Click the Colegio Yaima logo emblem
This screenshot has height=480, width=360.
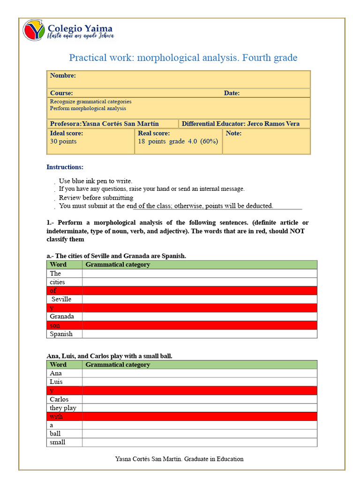coord(34,30)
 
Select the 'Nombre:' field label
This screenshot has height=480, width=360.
coord(63,75)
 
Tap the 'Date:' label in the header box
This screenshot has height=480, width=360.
coord(232,93)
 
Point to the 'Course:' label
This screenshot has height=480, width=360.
coord(61,93)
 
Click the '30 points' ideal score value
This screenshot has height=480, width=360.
coord(63,141)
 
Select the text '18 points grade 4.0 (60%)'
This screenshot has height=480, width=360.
coord(178,141)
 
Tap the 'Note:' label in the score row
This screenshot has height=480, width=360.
coord(233,133)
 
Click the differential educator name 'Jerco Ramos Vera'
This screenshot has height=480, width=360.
coord(273,124)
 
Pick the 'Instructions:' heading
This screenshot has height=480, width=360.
coord(65,167)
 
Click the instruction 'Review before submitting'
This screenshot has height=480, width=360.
coord(96,197)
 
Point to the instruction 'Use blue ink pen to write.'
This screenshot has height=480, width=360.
coord(96,181)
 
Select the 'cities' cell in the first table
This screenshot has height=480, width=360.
coord(57,282)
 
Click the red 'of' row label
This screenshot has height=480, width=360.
coord(53,291)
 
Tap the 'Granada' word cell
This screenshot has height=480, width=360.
coord(62,316)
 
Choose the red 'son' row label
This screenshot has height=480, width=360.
coord(55,325)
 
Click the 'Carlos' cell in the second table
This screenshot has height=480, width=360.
coord(59,399)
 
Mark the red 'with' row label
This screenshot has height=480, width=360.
coord(56,416)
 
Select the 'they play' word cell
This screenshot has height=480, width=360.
coord(63,408)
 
